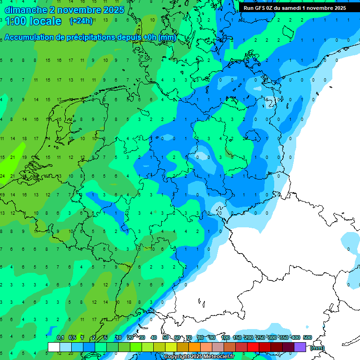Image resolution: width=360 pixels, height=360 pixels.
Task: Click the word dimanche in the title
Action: (24, 10)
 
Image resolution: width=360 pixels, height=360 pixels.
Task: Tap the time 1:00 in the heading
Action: (15, 21)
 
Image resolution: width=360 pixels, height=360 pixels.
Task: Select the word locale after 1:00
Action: (45, 21)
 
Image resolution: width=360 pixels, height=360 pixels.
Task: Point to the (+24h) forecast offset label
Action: (81, 21)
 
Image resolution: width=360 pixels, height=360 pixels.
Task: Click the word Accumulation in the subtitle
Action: (30, 37)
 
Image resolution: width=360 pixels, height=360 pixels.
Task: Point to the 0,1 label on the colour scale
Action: (60, 337)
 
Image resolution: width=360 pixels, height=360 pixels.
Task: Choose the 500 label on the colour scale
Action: (307, 337)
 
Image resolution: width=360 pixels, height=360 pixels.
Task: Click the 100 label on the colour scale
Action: (225, 337)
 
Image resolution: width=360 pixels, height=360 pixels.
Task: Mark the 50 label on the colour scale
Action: (165, 337)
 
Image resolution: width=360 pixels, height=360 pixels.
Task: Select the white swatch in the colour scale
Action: (54, 347)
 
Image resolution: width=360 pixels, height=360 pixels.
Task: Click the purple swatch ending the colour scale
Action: (300, 347)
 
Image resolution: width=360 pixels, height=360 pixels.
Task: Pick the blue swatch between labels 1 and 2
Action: (89, 347)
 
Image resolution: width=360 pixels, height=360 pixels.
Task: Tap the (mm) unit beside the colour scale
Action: (317, 348)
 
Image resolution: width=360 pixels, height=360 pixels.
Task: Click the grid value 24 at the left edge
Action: (3, 176)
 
